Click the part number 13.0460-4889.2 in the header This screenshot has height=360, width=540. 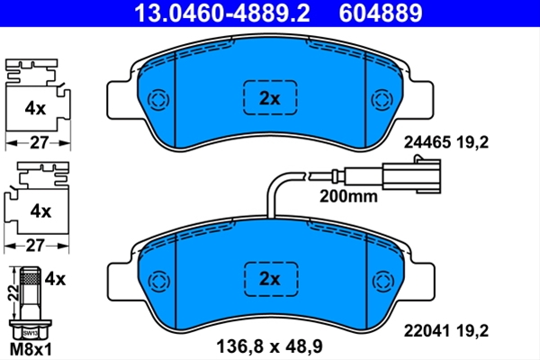click(221, 13)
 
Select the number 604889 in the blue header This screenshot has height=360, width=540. click(381, 13)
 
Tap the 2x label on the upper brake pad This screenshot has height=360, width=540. click(270, 99)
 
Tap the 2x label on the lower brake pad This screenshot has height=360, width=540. click(270, 279)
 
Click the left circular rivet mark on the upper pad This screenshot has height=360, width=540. click(158, 100)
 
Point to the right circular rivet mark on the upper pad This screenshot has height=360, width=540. click(382, 100)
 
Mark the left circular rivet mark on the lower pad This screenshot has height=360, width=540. click(159, 282)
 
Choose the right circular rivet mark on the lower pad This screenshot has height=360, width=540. click(383, 282)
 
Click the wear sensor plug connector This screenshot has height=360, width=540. click(411, 175)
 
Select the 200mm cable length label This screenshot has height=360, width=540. click(348, 197)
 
